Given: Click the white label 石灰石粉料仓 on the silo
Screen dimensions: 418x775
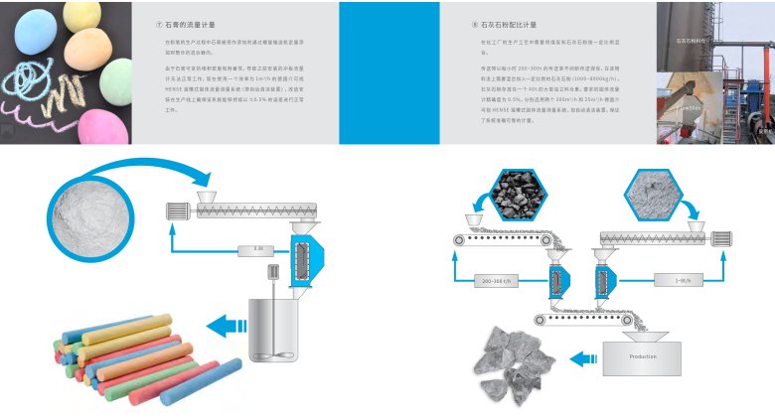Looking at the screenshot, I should (691, 43).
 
